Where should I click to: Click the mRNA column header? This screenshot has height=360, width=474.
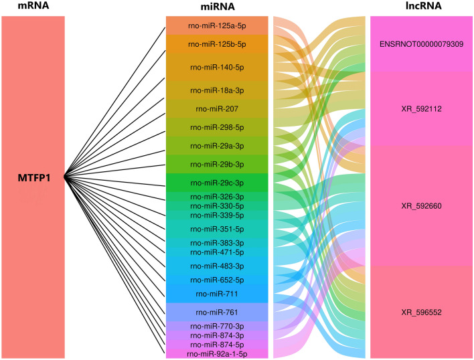pyautogui.click(x=33, y=6)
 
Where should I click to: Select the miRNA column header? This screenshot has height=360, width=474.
pyautogui.click(x=217, y=6)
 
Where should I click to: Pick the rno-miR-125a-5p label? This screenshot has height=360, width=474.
pyautogui.click(x=217, y=26)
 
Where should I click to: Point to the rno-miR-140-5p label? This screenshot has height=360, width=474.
pyautogui.click(x=217, y=68)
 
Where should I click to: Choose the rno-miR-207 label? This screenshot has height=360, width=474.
pyautogui.click(x=217, y=108)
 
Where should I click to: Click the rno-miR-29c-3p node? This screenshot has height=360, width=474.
pyautogui.click(x=217, y=183)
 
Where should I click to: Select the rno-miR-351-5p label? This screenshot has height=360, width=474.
pyautogui.click(x=217, y=228)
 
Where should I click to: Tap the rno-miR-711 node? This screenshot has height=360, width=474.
pyautogui.click(x=217, y=293)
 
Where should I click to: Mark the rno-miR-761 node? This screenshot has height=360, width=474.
pyautogui.click(x=217, y=312)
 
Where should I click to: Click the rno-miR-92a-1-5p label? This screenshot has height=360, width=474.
pyautogui.click(x=217, y=353)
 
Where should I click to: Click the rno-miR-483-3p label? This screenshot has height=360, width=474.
pyautogui.click(x=217, y=266)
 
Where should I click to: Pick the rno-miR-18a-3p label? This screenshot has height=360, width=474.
pyautogui.click(x=217, y=89)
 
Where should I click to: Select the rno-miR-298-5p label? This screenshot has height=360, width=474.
pyautogui.click(x=217, y=126)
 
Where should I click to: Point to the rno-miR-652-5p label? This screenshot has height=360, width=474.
pyautogui.click(x=217, y=280)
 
